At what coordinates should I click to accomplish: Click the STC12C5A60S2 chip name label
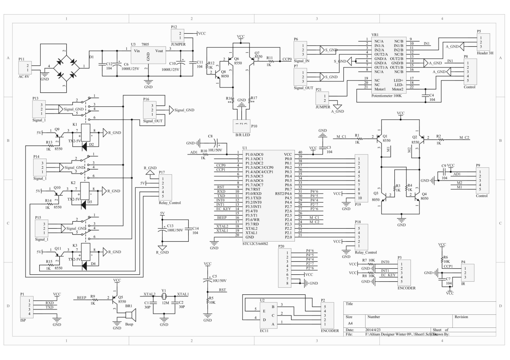click(255, 244)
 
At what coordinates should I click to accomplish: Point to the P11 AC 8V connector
click(25, 68)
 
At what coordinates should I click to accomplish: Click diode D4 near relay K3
click(84, 265)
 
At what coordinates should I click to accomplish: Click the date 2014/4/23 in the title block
click(373, 330)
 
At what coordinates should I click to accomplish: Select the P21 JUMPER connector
click(322, 98)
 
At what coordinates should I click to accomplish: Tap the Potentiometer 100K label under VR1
click(386, 96)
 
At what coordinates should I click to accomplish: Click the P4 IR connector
click(468, 273)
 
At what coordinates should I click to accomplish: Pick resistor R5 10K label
click(212, 300)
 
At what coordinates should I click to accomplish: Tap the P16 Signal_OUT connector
click(152, 110)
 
